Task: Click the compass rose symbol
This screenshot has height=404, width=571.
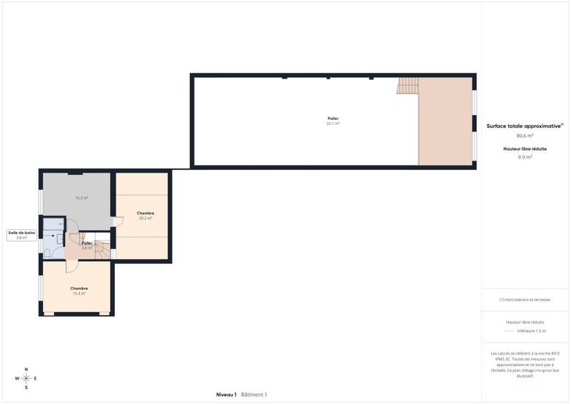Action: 26,378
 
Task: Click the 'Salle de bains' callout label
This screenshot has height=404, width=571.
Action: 21,235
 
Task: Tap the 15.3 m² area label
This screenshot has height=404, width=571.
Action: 81,198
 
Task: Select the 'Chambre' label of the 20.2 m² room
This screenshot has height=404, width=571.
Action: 146,213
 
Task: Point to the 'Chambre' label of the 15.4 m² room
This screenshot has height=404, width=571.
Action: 79,288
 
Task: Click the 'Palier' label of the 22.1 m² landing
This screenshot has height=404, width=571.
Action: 333,118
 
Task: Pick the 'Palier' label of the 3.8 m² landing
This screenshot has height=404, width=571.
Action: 87,243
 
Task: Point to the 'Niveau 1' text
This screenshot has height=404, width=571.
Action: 226,395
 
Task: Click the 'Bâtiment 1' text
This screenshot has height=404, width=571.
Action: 254,395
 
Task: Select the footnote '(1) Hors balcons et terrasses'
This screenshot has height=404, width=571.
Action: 525,300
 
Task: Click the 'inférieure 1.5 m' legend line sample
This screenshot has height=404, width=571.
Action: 508,331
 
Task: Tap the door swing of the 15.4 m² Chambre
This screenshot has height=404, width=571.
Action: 72,266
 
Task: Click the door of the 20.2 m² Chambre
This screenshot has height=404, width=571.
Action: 117,222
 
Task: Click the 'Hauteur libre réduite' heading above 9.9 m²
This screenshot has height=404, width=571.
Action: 525,148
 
